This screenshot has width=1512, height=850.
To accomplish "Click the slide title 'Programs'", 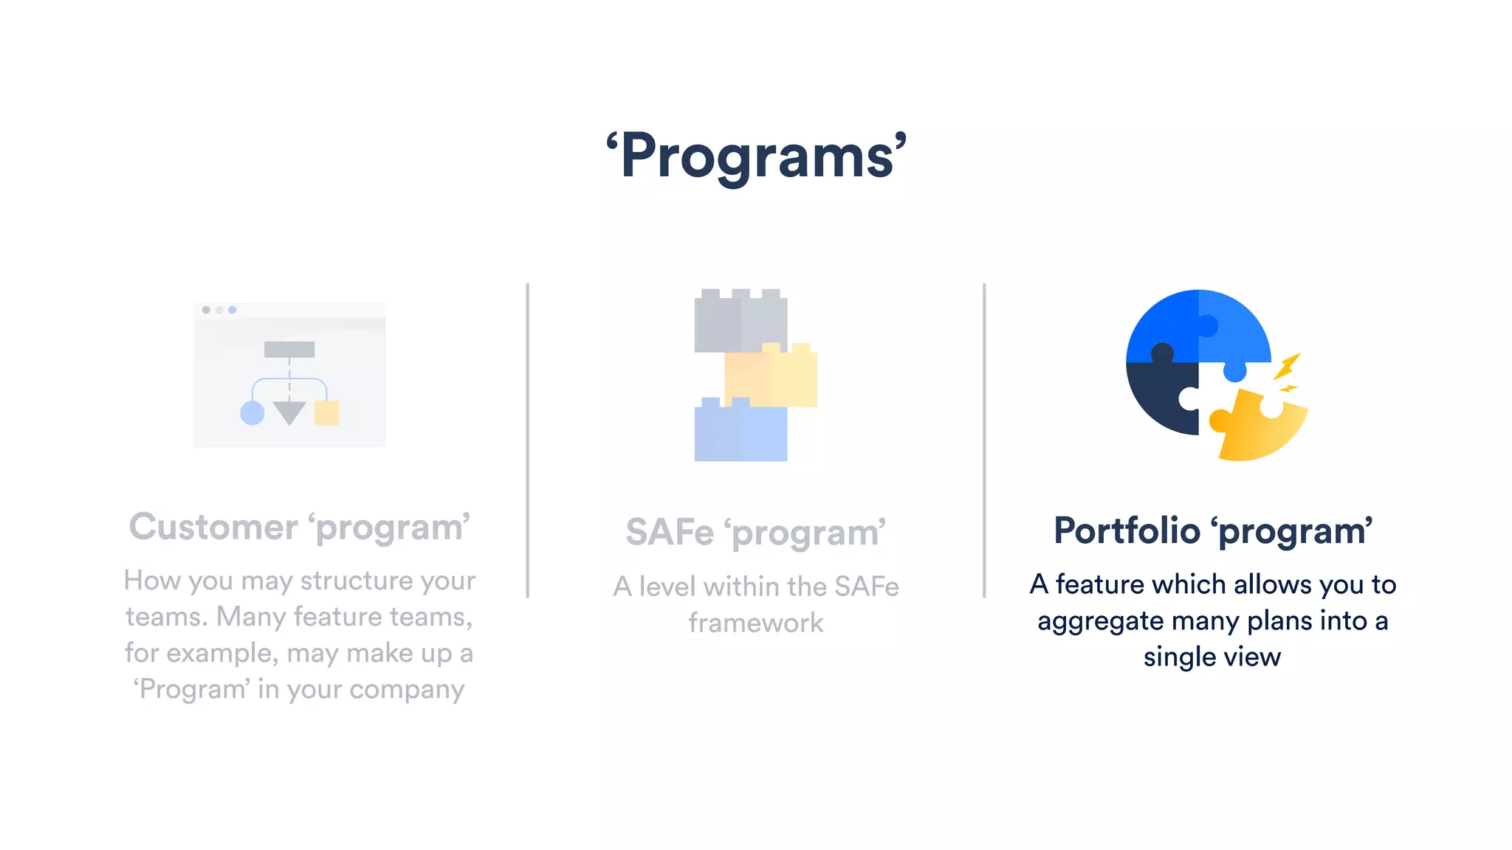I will click(756, 156).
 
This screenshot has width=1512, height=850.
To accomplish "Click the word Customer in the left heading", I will click(213, 527).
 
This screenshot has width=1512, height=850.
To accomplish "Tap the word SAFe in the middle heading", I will click(669, 532).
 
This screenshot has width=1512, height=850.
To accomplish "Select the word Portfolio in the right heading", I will click(1127, 531).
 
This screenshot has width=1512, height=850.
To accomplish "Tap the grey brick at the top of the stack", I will click(740, 322).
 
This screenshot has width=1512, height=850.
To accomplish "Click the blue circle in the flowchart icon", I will click(252, 413).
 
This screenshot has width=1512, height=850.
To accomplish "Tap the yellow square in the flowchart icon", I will click(326, 412).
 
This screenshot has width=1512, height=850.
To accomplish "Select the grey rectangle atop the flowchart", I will click(289, 349).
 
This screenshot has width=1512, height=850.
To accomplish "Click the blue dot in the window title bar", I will click(233, 310).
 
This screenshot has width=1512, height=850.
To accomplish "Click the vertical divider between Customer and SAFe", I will click(528, 440).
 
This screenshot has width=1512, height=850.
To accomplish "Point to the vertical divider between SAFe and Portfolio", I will click(984, 440).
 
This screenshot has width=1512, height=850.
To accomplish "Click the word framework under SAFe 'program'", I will click(756, 623).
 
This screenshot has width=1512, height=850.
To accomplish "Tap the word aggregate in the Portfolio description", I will click(1100, 621).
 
